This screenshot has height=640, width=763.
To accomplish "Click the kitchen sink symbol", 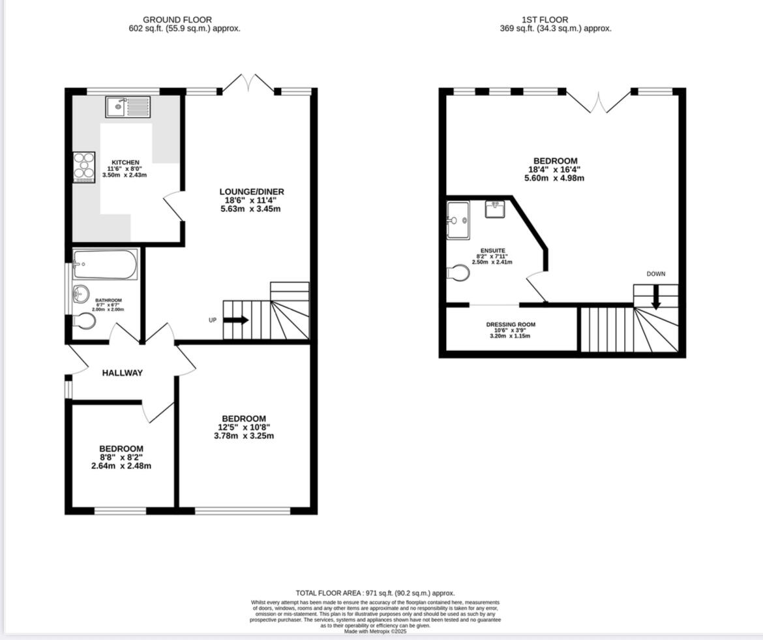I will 128,106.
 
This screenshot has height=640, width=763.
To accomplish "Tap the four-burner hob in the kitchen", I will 84,166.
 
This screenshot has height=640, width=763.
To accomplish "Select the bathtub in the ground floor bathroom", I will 105,264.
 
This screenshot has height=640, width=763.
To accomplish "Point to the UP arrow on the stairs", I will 235,320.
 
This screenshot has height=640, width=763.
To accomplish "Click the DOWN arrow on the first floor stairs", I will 656,300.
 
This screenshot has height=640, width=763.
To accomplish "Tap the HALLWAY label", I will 122,373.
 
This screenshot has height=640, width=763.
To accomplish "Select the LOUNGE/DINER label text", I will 252,192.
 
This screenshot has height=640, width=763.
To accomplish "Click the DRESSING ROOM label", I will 511,324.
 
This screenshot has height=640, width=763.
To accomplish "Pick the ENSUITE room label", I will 492,251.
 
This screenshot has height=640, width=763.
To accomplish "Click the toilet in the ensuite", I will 458,273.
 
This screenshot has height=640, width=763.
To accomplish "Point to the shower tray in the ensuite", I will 458,220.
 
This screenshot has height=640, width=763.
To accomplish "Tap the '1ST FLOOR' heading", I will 545,20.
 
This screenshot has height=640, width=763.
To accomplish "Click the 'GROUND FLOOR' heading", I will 177,20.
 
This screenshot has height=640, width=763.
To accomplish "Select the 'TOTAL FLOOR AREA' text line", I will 375,593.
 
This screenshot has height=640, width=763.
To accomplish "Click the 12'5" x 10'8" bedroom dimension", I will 244,428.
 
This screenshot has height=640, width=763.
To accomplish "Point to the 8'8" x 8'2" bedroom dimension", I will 121,457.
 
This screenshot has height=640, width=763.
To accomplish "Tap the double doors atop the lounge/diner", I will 248,84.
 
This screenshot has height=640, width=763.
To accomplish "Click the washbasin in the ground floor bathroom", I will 82,294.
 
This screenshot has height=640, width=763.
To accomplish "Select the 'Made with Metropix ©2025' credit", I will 375,631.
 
